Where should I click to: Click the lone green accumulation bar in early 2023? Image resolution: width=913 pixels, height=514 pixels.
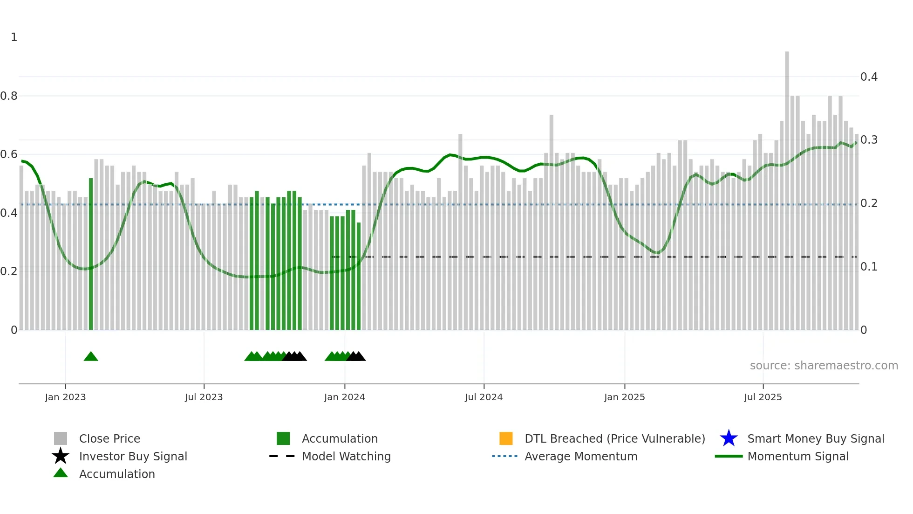91,254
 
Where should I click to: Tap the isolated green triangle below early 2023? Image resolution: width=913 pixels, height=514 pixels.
91,357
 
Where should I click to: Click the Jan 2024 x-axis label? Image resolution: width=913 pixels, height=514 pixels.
344,397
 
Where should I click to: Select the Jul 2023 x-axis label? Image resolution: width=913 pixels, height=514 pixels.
204,397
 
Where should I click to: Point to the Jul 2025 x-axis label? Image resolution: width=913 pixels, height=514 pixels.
763,397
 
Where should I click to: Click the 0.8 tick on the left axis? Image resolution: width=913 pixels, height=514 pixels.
9,96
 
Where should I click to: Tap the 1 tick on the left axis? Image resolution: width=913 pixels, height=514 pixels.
14,37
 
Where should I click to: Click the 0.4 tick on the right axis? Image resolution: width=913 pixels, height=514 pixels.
868,76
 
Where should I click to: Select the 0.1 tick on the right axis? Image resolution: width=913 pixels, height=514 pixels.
868,267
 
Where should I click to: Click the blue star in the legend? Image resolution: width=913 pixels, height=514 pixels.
729,438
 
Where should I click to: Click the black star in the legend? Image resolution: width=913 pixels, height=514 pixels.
61,456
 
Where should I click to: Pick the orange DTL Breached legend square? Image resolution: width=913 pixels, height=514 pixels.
506,438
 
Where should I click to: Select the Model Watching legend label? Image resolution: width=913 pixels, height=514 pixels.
346,456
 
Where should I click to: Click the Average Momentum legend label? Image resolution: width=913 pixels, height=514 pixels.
580,456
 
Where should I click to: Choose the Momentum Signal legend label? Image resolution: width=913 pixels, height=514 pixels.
797,456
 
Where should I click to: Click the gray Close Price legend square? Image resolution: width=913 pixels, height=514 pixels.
61,438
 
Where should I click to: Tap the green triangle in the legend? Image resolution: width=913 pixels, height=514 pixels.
61,473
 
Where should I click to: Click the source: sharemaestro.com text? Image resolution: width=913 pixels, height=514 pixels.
824,366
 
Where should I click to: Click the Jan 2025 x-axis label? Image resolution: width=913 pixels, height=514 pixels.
624,397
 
